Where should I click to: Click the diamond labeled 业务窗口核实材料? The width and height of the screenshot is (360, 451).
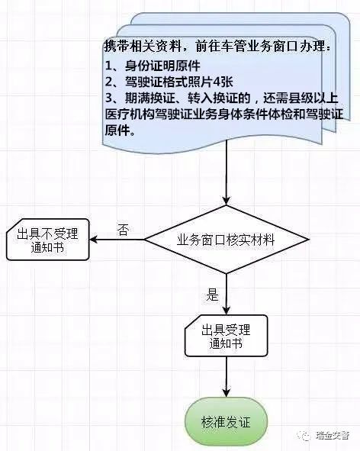227,240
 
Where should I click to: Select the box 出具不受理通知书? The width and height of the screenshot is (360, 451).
48,240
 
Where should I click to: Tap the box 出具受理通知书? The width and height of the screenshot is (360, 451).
227,336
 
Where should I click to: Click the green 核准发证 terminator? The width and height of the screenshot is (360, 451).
227,422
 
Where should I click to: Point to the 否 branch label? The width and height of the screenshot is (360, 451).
123,230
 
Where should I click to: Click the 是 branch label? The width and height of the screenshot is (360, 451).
212,295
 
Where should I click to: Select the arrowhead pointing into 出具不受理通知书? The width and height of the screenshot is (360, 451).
94,240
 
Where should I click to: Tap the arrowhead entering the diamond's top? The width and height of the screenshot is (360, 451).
227,201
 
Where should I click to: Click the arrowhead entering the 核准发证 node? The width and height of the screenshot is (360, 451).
227,393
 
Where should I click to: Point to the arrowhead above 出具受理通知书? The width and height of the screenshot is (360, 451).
227,311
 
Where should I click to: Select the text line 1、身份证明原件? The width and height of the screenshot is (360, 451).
153,66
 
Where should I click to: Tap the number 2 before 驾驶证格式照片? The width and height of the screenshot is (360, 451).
109,82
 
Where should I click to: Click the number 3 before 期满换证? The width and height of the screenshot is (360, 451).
109,98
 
